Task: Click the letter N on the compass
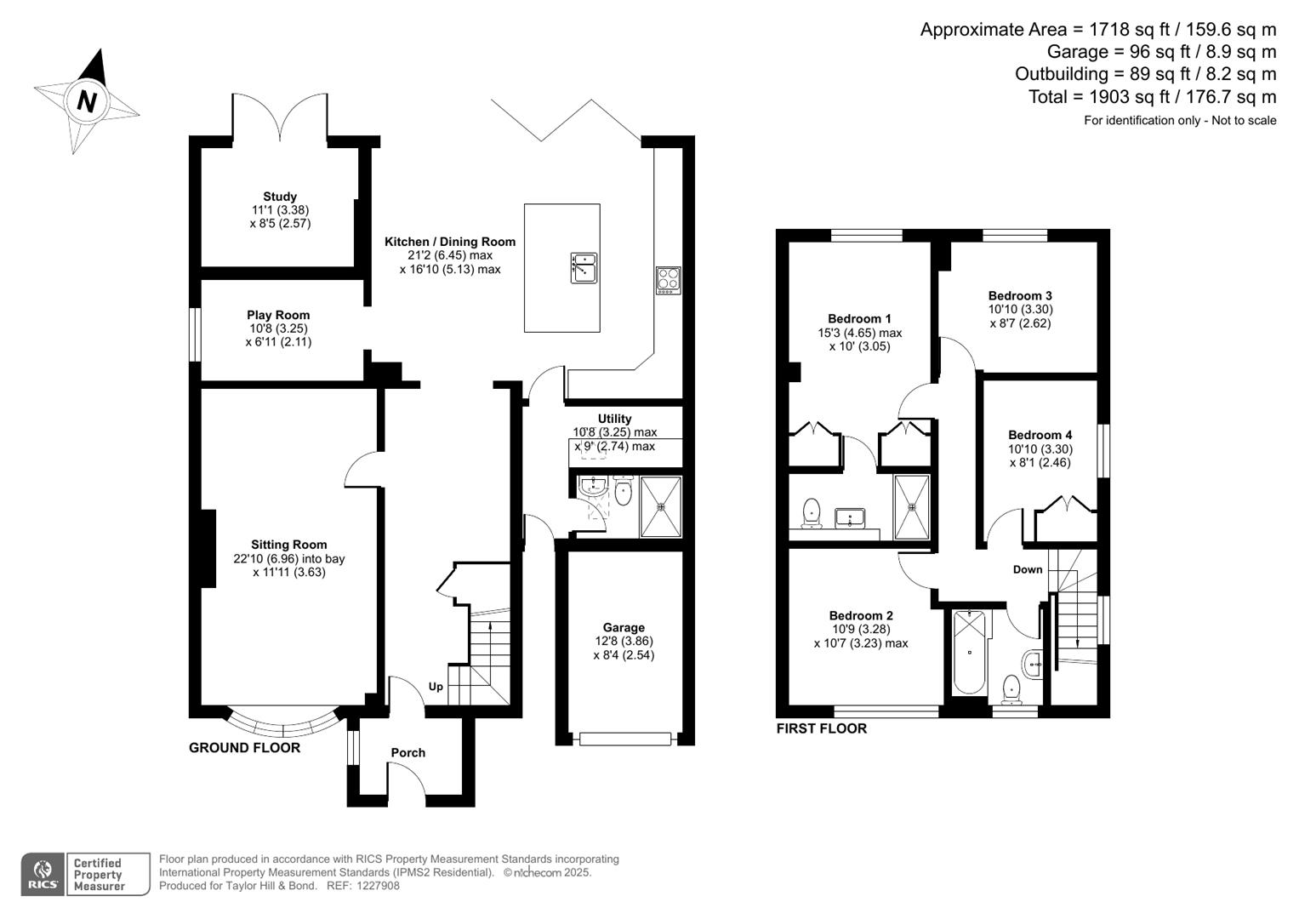(87, 102)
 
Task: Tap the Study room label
(280, 197)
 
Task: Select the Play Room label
(278, 315)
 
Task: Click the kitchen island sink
(584, 267)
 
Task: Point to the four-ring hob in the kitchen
(669, 280)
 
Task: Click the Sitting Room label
(288, 545)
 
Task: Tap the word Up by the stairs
(436, 687)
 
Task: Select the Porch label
(407, 752)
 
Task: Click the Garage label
(624, 628)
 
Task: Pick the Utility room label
(614, 419)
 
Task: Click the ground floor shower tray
(661, 507)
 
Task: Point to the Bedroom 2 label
(861, 616)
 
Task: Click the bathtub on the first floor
(969, 652)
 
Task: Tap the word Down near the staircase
(1028, 569)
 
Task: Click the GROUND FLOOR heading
(244, 748)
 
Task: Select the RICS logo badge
(42, 874)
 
